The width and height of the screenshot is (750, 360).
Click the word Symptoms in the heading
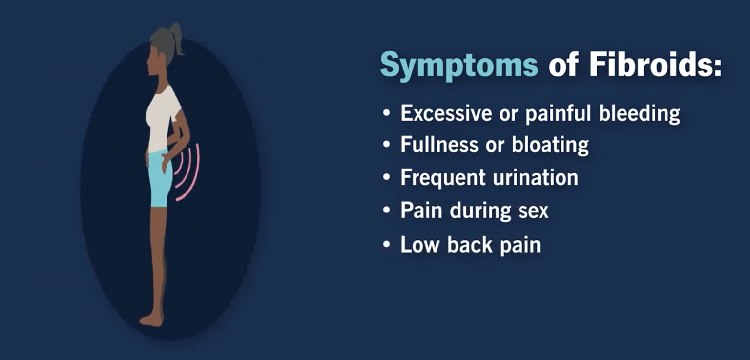click(x=458, y=65)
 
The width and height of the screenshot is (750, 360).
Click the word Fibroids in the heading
click(x=655, y=65)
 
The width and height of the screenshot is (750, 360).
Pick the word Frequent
click(x=442, y=177)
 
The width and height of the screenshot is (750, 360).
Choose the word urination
click(x=536, y=177)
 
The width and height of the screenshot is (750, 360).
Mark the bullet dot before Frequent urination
click(x=387, y=178)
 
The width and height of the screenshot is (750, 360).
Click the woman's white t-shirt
click(x=163, y=117)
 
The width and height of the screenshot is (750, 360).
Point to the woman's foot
click(x=151, y=320)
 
